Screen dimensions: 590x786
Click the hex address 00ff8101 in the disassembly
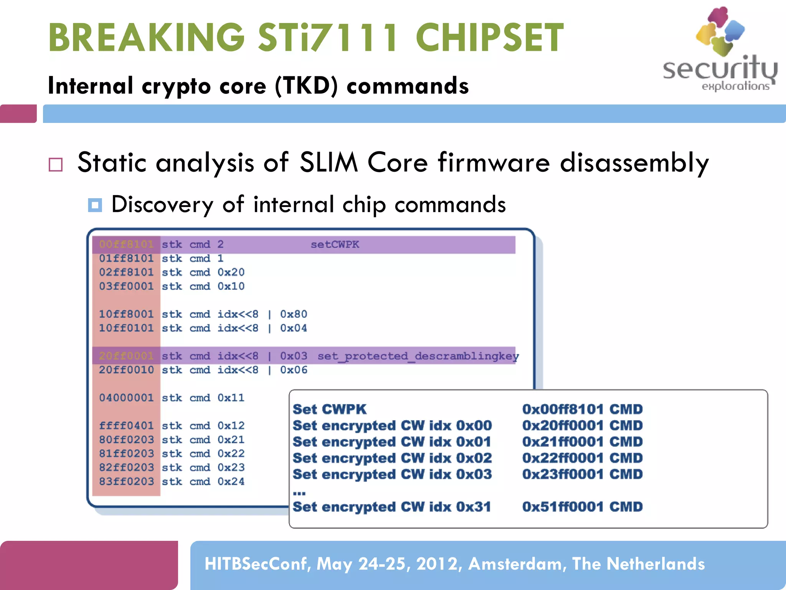126,244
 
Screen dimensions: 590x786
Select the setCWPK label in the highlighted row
335,244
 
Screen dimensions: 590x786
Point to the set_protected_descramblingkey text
418,356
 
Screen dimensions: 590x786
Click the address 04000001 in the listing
126,398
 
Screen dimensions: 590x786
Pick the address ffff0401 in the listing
126,426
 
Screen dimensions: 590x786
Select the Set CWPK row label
329,409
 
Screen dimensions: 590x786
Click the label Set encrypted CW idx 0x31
391,507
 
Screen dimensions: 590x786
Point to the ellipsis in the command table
299,493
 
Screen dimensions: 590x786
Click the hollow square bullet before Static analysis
56,164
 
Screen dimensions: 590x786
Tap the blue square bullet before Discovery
95,205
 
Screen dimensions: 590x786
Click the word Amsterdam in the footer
517,564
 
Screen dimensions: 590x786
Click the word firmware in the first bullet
494,162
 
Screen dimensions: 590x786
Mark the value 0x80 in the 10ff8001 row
293,314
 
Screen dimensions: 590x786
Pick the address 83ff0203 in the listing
126,481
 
